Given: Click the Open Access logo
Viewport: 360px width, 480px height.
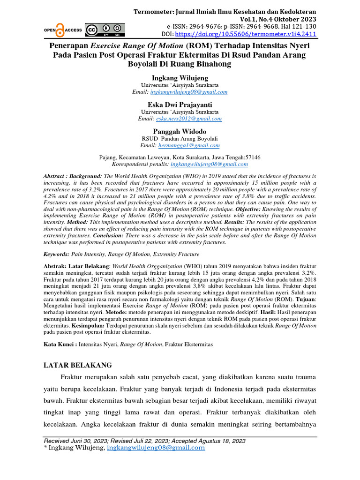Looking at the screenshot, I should click(x=63, y=29).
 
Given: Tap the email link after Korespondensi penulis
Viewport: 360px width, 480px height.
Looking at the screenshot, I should click(x=209, y=165).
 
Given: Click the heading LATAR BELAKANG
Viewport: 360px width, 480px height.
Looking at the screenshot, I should click(x=78, y=364).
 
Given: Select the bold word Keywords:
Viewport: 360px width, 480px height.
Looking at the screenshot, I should click(x=56, y=254).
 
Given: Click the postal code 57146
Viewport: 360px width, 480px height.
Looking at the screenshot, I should click(x=252, y=157).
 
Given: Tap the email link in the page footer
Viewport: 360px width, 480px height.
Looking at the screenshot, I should click(x=156, y=448).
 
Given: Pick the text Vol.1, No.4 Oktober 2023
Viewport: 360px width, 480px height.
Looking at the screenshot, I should click(x=275, y=19).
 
